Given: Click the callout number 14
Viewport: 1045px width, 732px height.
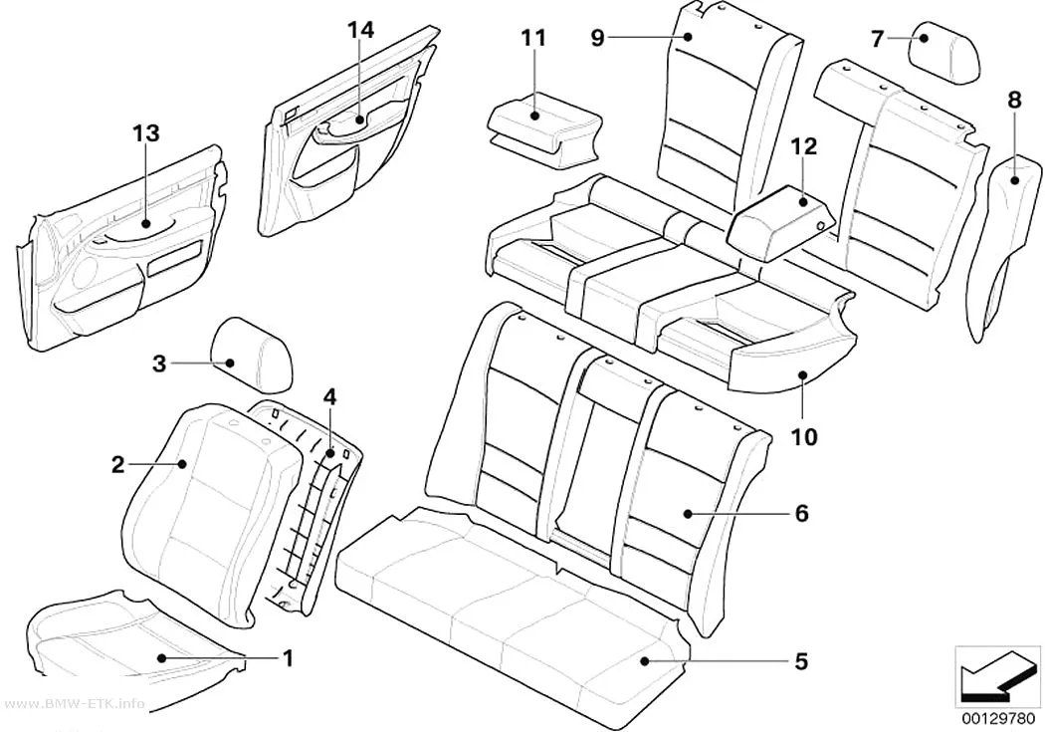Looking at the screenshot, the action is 360,30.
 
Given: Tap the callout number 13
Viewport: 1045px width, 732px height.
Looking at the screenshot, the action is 146,133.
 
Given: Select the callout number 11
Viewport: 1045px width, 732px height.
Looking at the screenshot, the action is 533,38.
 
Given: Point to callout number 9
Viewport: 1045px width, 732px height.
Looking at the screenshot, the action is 598,38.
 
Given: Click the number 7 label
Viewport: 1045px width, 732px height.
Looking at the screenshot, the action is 878,39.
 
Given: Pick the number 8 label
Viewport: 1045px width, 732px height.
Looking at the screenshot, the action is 1014,100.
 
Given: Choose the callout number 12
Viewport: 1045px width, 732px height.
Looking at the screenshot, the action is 804,146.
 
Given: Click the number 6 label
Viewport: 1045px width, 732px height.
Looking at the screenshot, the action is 802,513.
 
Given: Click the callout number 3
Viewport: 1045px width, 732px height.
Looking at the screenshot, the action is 158,364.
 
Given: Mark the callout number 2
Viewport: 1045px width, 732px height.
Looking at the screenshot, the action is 117,465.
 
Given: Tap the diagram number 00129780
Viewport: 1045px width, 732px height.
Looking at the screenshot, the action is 998,719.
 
